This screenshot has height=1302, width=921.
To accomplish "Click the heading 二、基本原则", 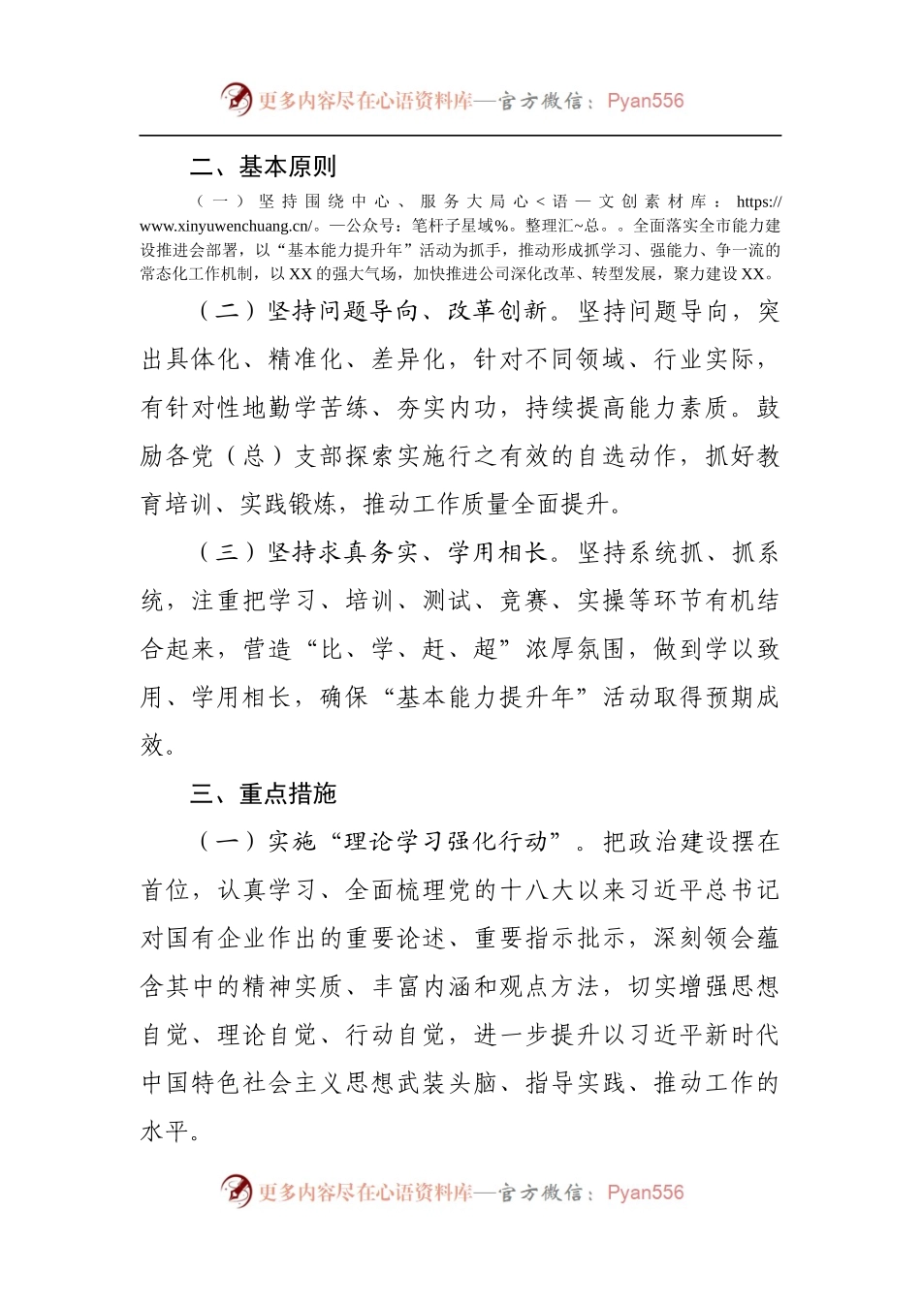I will [263, 167].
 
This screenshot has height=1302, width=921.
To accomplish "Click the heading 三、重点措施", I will [263, 794].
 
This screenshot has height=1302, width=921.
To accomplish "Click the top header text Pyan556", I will [645, 101].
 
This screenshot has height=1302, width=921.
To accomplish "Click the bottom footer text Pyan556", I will [645, 1193].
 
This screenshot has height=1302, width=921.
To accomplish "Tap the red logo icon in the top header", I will [236, 100].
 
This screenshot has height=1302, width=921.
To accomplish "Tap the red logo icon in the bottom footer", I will [236, 1192].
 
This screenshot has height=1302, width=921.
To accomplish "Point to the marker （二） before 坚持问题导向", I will [228, 311].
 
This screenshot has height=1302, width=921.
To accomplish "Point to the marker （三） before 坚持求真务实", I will [228, 553].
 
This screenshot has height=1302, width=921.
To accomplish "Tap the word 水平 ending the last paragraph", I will [165, 1131].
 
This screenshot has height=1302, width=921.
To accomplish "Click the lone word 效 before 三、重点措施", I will [153, 746].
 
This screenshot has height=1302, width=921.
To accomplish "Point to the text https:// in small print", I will [758, 201].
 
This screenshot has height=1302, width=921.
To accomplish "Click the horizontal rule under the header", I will [460, 136].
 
